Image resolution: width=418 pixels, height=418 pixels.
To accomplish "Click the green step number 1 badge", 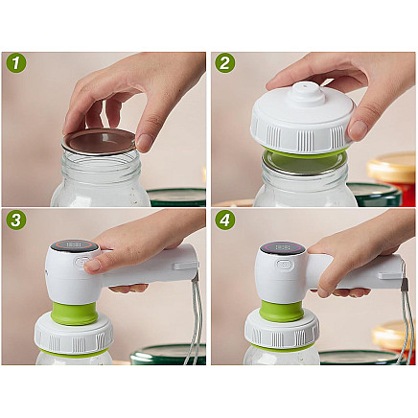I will tap(15, 63).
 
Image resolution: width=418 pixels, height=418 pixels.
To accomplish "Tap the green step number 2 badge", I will tap(225, 63).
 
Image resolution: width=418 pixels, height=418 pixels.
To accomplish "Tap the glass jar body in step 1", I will tap(96, 187).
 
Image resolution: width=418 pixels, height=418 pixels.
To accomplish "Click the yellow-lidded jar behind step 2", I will tap(395, 173).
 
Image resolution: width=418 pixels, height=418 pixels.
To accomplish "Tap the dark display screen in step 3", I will tap(73, 246).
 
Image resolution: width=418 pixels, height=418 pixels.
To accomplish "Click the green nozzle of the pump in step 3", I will tap(75, 313).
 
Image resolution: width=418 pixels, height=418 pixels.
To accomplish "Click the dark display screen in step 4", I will tap(282, 247).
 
